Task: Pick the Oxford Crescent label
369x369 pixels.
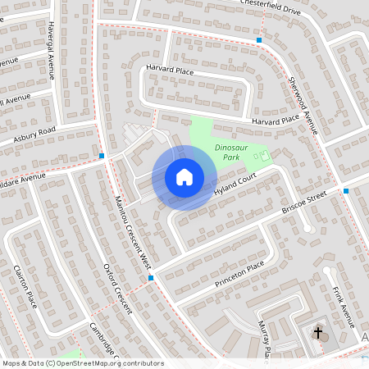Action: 119,290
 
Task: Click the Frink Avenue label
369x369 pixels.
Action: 343,303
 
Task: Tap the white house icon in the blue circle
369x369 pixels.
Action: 184,177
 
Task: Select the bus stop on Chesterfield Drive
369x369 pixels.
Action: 259,39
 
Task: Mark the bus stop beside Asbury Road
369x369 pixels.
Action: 102,156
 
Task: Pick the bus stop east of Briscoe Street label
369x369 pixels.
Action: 347,191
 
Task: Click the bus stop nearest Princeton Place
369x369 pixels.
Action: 152,279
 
